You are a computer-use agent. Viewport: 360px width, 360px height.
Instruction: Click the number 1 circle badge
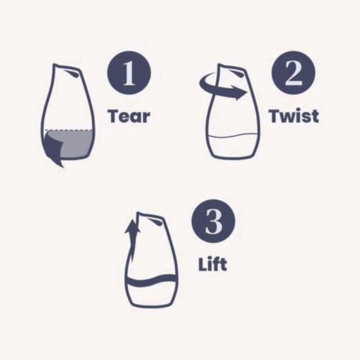(129, 73)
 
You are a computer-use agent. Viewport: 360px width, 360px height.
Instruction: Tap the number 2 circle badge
(293, 73)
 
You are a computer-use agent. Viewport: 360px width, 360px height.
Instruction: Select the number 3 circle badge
(214, 221)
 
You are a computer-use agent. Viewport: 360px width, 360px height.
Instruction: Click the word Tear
(129, 116)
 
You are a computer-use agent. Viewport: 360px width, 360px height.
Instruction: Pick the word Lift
(213, 264)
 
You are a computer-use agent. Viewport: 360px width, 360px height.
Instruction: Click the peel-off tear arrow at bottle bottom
(53, 149)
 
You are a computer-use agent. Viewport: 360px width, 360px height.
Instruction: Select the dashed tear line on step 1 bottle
(69, 130)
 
